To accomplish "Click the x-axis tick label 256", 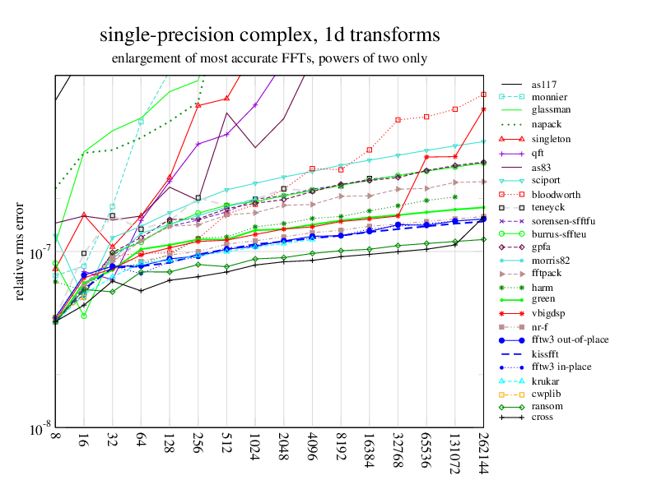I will coord(198,449).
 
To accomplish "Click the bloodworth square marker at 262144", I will coord(483,94).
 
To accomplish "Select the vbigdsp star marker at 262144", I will coord(483,109).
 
